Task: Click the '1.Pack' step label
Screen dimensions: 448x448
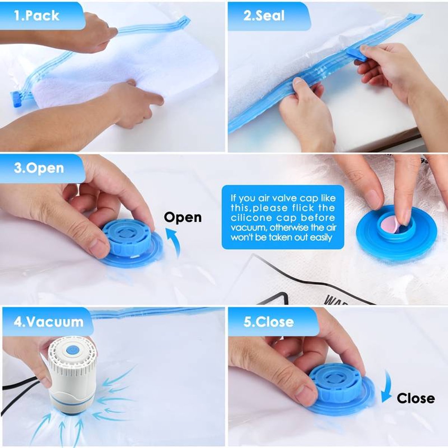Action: coord(37,16)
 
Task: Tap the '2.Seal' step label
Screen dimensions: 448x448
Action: coord(264,16)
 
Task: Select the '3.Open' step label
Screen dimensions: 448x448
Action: coord(39,168)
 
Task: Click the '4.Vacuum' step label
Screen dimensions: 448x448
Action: coord(49,322)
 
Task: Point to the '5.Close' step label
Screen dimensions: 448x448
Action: coord(268,322)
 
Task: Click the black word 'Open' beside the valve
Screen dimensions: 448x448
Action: coord(183,217)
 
